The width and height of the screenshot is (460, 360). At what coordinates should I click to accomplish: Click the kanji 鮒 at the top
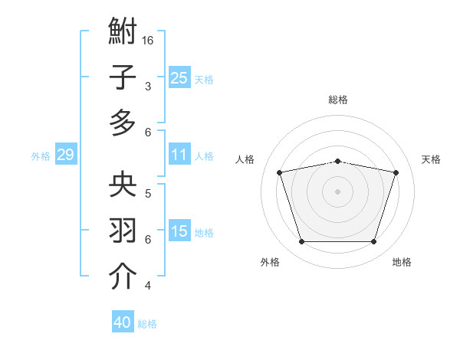click(x=123, y=33)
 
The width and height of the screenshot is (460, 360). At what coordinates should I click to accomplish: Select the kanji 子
click(x=123, y=77)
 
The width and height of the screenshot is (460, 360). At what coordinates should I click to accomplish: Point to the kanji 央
click(x=123, y=185)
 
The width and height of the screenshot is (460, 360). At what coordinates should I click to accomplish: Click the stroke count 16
click(x=149, y=40)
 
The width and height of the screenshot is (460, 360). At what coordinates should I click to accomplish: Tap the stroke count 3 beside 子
click(x=147, y=86)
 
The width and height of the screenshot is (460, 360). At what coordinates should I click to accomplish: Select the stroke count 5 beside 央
click(x=147, y=193)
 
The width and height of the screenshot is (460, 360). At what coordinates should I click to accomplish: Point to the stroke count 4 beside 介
click(x=147, y=286)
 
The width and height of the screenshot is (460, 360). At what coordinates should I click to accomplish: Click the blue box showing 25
click(x=179, y=77)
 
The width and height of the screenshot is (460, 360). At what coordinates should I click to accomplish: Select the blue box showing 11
click(x=179, y=155)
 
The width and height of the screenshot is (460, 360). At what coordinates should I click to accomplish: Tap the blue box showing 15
click(x=179, y=231)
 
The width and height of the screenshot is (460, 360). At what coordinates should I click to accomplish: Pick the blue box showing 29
click(x=65, y=155)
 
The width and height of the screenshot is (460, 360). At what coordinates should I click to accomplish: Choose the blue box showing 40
click(x=122, y=322)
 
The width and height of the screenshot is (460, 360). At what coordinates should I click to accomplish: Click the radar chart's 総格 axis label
click(x=337, y=100)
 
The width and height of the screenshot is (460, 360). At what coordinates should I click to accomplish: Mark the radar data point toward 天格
click(x=396, y=173)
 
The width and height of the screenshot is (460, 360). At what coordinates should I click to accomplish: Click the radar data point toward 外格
click(x=301, y=242)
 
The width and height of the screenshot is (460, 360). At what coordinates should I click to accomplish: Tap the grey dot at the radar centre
click(x=337, y=191)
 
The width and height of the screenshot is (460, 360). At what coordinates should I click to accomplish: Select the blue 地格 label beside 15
click(x=204, y=232)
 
